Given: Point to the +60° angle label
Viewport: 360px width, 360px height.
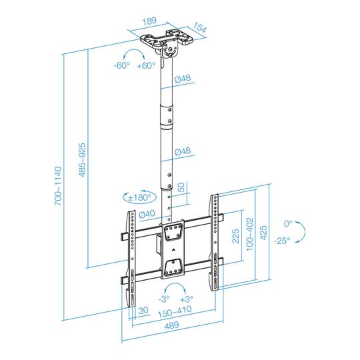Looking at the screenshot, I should [x=145, y=65].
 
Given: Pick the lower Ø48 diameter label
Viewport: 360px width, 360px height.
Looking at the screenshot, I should [x=183, y=152].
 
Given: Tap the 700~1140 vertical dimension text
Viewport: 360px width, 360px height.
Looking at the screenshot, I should [x=58, y=185].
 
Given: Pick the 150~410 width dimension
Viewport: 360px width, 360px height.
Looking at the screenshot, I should [x=176, y=311].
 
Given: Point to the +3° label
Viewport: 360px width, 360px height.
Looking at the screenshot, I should [x=187, y=299].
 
